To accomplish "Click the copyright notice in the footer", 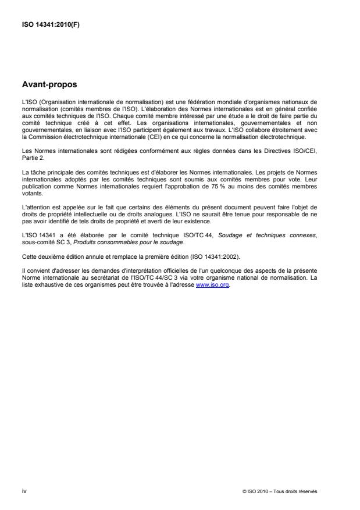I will click(x=279, y=491).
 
